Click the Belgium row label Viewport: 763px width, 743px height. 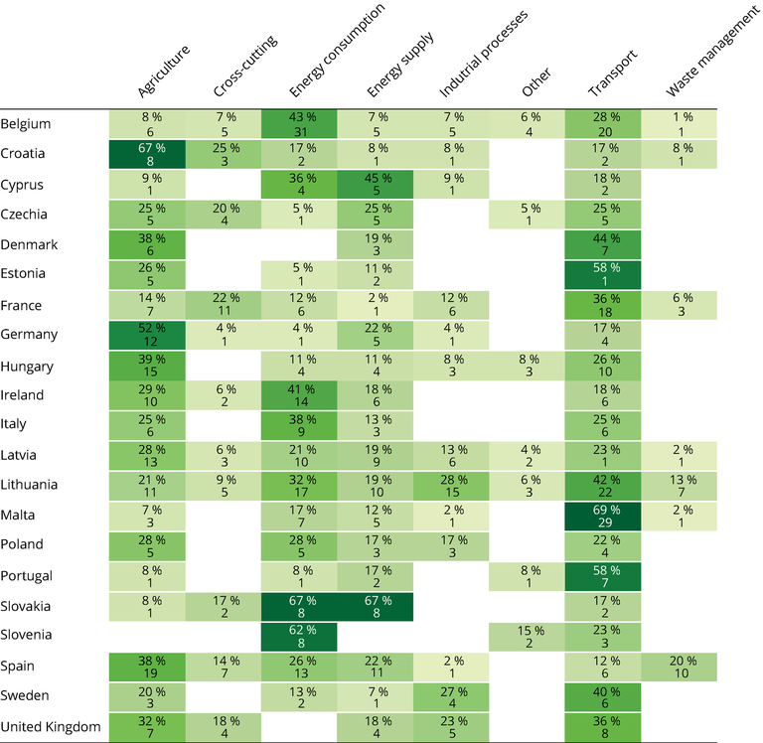point(26,124)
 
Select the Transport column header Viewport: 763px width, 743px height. point(611,75)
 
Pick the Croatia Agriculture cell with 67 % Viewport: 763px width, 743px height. point(146,154)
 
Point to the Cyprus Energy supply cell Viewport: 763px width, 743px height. point(376,184)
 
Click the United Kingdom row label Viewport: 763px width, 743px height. point(51,727)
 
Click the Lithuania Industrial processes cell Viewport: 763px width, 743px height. point(451,486)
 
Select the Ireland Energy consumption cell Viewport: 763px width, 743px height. point(299,395)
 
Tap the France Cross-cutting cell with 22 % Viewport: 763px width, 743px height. point(223,305)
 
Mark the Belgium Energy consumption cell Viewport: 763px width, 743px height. point(299,124)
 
